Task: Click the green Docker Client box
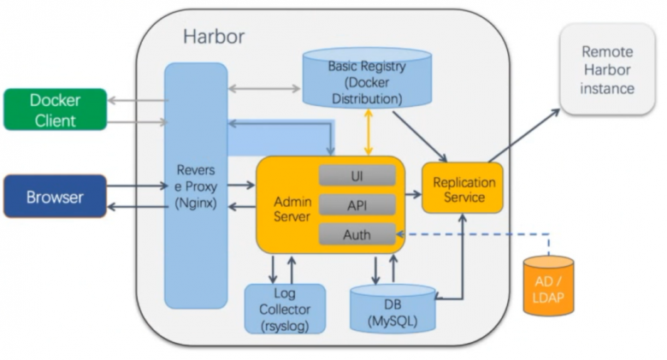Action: pos(55,109)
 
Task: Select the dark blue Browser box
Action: pos(55,197)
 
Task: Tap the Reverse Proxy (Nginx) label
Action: pos(196,186)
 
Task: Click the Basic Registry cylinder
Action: pos(365,82)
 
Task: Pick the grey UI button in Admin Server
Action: pos(357,175)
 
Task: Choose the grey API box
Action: pos(357,204)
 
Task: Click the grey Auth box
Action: pos(357,233)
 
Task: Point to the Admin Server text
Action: pos(292,209)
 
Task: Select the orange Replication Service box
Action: pos(463,189)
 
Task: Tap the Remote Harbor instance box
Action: pos(607,70)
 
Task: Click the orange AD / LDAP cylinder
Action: pos(548,285)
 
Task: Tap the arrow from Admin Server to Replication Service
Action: pos(413,195)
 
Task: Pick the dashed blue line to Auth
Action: pos(479,233)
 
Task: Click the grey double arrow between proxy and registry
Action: pos(264,88)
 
